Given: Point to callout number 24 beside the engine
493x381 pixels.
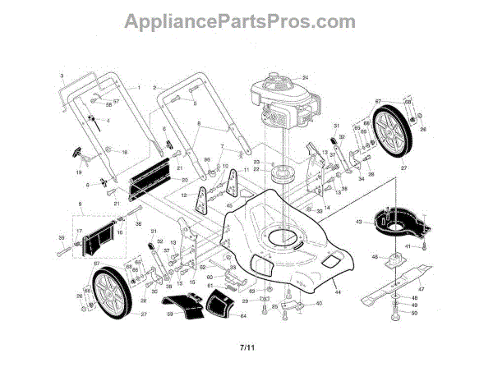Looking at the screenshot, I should (303, 77).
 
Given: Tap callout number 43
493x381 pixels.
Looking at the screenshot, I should (359, 221).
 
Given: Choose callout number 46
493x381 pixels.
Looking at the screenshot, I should (373, 258).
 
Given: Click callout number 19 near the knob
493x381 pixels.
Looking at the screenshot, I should (79, 174).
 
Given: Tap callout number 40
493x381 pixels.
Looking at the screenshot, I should (319, 304).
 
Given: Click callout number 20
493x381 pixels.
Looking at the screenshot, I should (185, 180).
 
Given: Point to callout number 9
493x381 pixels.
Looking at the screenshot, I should (79, 203).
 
